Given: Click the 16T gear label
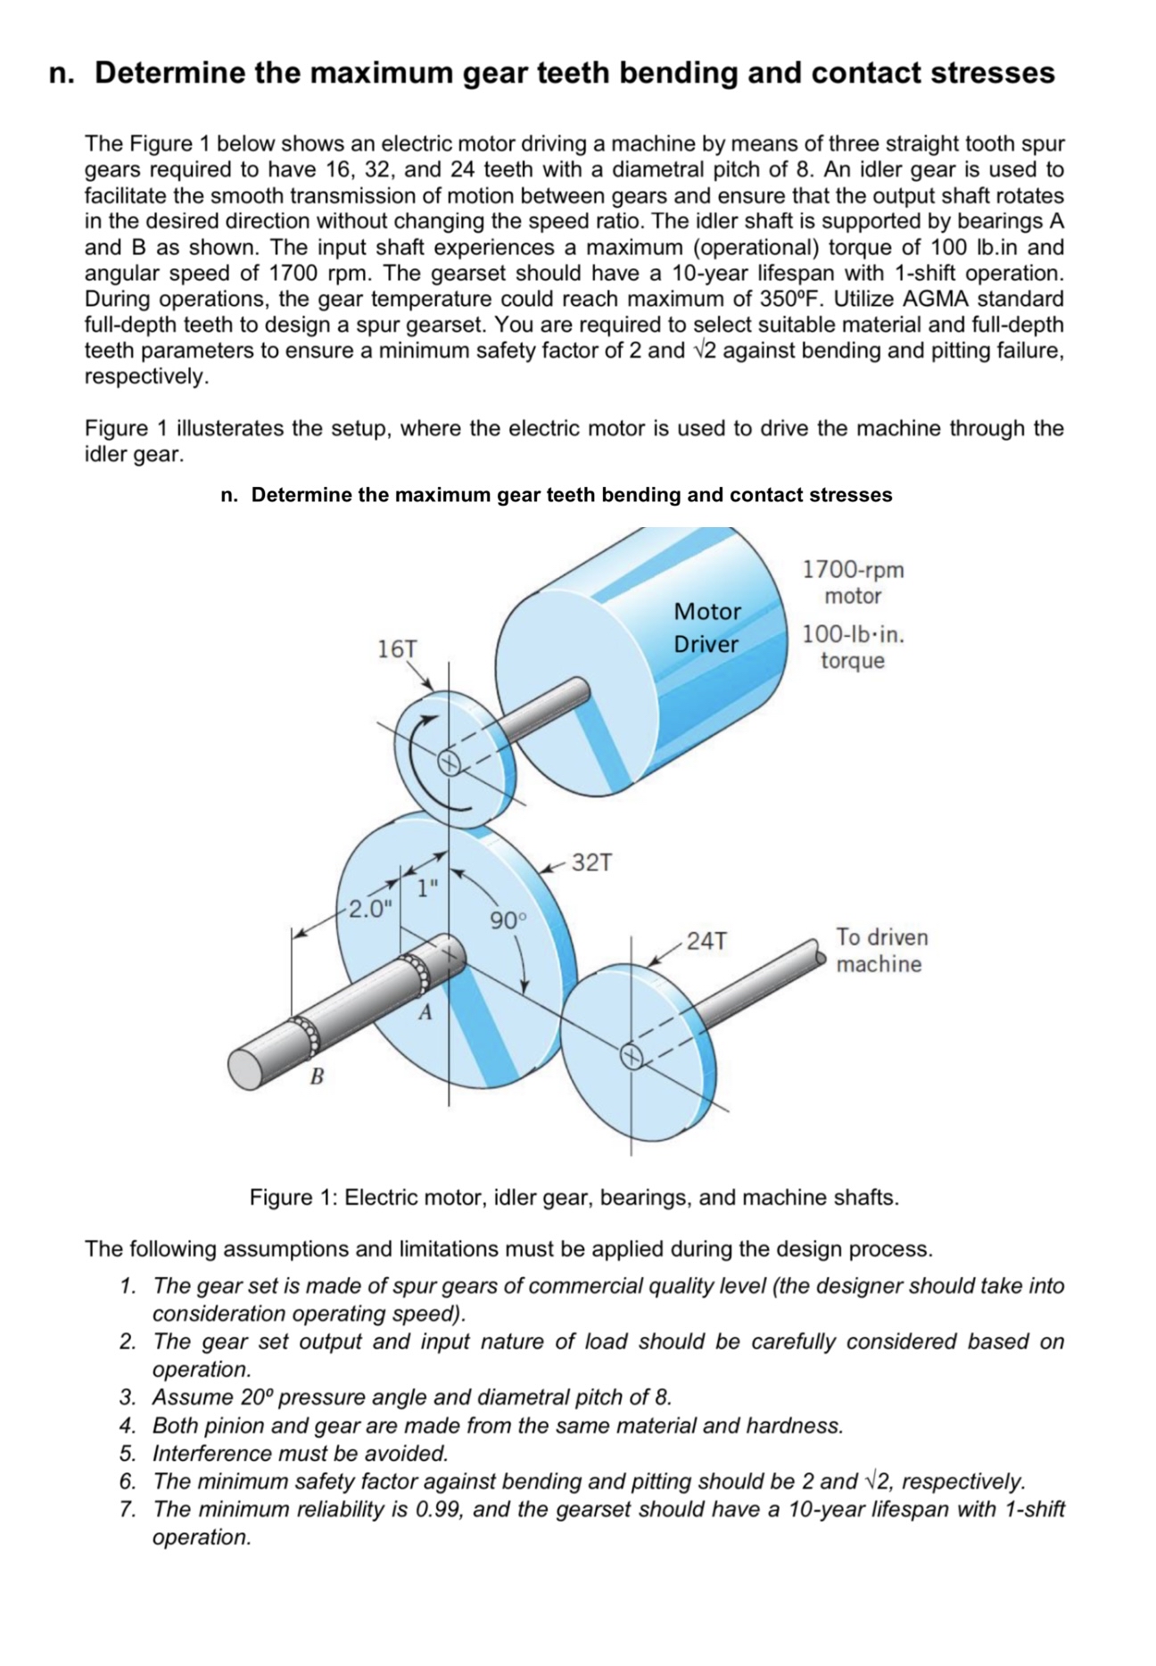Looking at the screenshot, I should coord(397,648).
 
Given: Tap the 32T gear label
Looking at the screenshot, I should coord(592,862).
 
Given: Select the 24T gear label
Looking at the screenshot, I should coord(707,940).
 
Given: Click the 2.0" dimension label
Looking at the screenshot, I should coord(370,910).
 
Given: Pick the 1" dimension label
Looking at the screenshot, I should coord(428,888).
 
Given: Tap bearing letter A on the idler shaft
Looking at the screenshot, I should coord(425,1012).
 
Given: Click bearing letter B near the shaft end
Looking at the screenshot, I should coord(316,1076).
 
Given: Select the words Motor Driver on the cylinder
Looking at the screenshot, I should coord(706,628).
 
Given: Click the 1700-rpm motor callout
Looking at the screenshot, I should coord(853,582).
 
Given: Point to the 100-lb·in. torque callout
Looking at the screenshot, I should coord(853,647).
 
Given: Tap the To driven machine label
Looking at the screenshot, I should coord(880,951).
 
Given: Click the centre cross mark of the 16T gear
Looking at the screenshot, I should coord(450,762).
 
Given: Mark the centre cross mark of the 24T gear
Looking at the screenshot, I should coord(632,1058).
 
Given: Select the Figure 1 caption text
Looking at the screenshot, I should coord(574,1197).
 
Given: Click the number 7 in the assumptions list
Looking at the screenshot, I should coord(128,1510).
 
